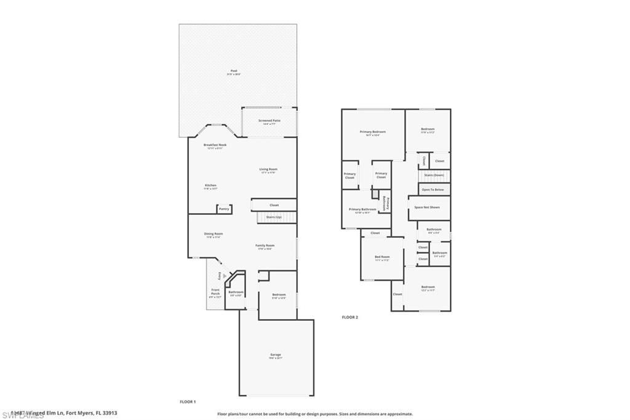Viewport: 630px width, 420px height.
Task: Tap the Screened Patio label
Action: [269, 121]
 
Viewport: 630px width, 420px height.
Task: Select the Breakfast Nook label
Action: [215, 145]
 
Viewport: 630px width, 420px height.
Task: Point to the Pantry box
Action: [224, 209]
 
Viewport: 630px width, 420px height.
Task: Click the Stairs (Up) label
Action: [273, 217]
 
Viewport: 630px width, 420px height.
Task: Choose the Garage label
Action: [276, 355]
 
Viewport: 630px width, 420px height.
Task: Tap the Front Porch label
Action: [215, 292]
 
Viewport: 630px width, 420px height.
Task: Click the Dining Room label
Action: [213, 234]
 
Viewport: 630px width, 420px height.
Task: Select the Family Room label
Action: [265, 246]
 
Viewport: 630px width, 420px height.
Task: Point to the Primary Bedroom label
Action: [373, 132]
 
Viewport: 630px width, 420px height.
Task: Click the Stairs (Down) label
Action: [434, 175]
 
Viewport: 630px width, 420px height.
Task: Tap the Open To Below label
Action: [433, 190]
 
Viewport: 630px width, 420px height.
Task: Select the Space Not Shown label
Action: [427, 208]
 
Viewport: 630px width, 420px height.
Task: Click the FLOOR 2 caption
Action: [350, 317]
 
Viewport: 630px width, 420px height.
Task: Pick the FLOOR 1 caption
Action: [188, 402]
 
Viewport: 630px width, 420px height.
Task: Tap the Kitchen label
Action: [210, 185]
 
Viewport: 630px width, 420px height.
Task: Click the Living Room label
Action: [268, 169]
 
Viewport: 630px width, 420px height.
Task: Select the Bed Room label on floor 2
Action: [382, 257]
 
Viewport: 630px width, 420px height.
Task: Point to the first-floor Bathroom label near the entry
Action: [236, 292]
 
